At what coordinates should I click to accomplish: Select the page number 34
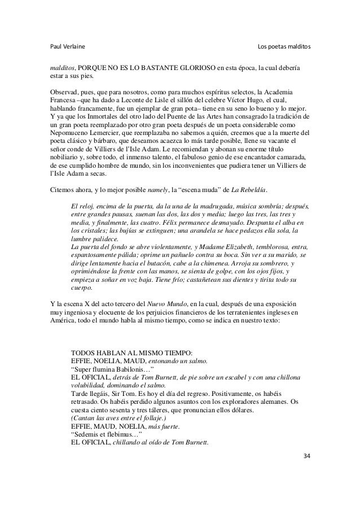306,455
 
